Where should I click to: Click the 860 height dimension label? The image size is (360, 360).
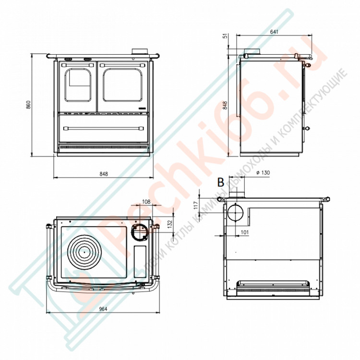28,105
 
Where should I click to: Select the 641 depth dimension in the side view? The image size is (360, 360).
274,32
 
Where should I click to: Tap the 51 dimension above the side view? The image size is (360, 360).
226,36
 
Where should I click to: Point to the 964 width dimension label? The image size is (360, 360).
103,309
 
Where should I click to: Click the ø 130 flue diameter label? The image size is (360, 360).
263,172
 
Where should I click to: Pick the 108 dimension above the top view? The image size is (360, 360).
146,202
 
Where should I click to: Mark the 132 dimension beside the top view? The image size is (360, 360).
170,225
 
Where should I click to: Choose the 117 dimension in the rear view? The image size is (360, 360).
196,205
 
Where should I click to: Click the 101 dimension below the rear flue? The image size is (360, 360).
245,232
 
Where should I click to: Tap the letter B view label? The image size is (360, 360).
221,182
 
